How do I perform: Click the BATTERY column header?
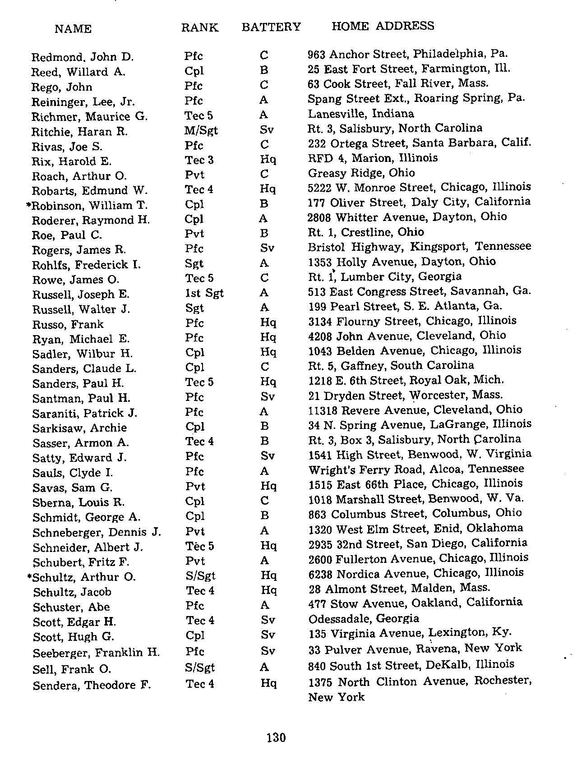pyautogui.click(x=271, y=27)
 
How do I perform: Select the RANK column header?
pyautogui.click(x=199, y=28)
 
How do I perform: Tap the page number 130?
pyautogui.click(x=276, y=738)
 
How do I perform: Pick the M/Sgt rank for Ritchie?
pyautogui.click(x=201, y=131)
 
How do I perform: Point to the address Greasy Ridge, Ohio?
pyautogui.click(x=361, y=173)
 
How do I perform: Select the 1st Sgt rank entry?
pyautogui.click(x=204, y=293)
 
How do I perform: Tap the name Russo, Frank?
pyautogui.click(x=68, y=324)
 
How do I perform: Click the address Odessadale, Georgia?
pyautogui.click(x=364, y=618)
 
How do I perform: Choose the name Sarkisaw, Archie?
pyautogui.click(x=79, y=428)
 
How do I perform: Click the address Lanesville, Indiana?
pyautogui.click(x=361, y=113)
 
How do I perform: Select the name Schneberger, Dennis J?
pyautogui.click(x=97, y=532)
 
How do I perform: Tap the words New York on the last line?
pyautogui.click(x=336, y=697)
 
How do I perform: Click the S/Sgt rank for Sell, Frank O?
pyautogui.click(x=200, y=667)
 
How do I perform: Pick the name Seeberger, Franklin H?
pyautogui.click(x=96, y=653)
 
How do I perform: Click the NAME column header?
pyautogui.click(x=73, y=29)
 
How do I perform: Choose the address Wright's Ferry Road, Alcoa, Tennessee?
pyautogui.click(x=416, y=469)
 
